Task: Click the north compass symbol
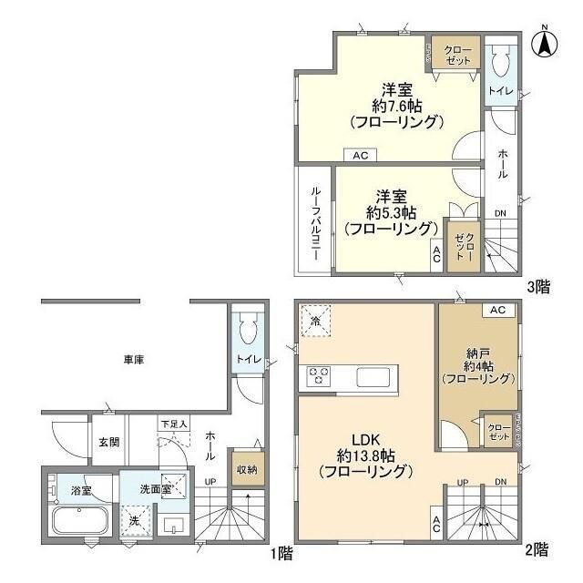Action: (x=545, y=41)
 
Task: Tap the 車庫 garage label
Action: (x=133, y=360)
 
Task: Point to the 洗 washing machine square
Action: (x=135, y=522)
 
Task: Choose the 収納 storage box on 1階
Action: (x=247, y=469)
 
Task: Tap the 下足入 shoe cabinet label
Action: (x=173, y=424)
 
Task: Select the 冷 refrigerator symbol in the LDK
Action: (x=315, y=322)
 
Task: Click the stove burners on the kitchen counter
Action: (x=320, y=376)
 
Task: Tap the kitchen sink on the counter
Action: (x=373, y=377)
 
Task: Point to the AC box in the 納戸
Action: (x=496, y=311)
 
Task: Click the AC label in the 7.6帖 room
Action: (x=360, y=156)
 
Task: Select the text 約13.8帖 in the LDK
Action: (x=364, y=455)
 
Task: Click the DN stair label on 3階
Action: (x=500, y=214)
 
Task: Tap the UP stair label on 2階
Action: (x=462, y=482)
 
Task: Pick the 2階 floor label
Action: (x=537, y=549)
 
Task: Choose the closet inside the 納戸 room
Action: (x=498, y=431)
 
